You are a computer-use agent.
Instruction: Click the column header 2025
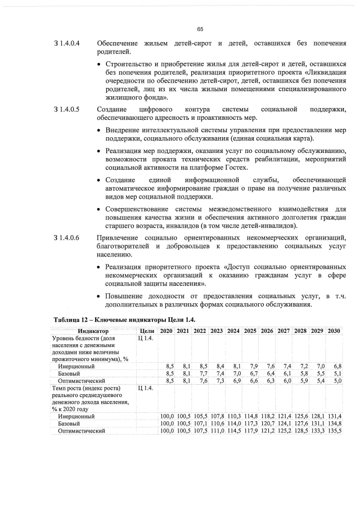pyautogui.click(x=250, y=331)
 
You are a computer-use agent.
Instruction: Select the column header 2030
pyautogui.click(x=335, y=331)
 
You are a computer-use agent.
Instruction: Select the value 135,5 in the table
pyautogui.click(x=335, y=431)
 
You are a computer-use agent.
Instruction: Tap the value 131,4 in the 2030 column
pyautogui.click(x=335, y=416)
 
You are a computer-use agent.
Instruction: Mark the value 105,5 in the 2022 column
pyautogui.click(x=200, y=416)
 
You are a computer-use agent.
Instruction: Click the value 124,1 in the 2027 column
pyautogui.click(x=284, y=424)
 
